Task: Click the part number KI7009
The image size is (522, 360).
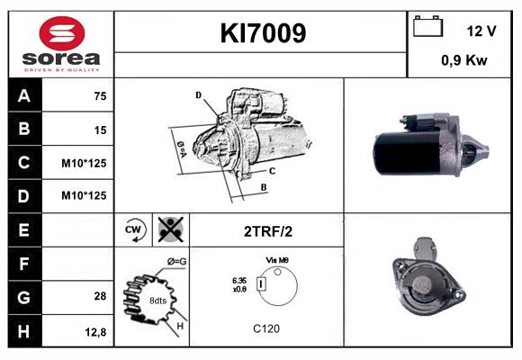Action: (x=263, y=34)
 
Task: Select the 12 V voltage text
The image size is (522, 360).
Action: (x=481, y=31)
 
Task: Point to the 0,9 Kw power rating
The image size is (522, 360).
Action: (x=464, y=61)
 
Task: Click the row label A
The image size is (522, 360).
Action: (x=23, y=96)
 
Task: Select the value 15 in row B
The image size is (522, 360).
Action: (x=100, y=130)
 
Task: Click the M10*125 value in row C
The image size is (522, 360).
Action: (x=84, y=164)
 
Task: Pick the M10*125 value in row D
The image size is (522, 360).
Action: (x=84, y=195)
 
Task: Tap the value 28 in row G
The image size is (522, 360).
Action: (x=100, y=296)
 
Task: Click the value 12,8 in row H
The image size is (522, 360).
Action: (x=96, y=331)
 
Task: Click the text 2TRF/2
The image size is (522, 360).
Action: (x=267, y=230)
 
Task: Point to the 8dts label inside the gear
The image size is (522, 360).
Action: (x=157, y=300)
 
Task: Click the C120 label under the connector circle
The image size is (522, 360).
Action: (x=265, y=328)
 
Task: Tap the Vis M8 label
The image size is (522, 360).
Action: (x=276, y=260)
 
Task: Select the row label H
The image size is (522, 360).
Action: (x=23, y=331)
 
